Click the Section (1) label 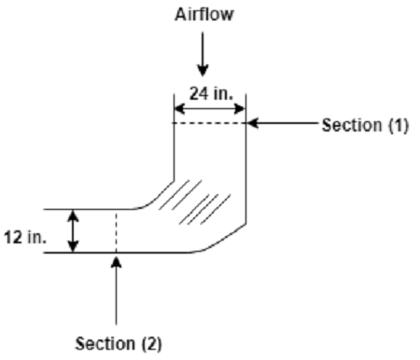click(x=365, y=126)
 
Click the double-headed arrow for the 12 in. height click(x=76, y=231)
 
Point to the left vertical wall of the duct click(x=175, y=149)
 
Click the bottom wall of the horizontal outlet click(x=121, y=253)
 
